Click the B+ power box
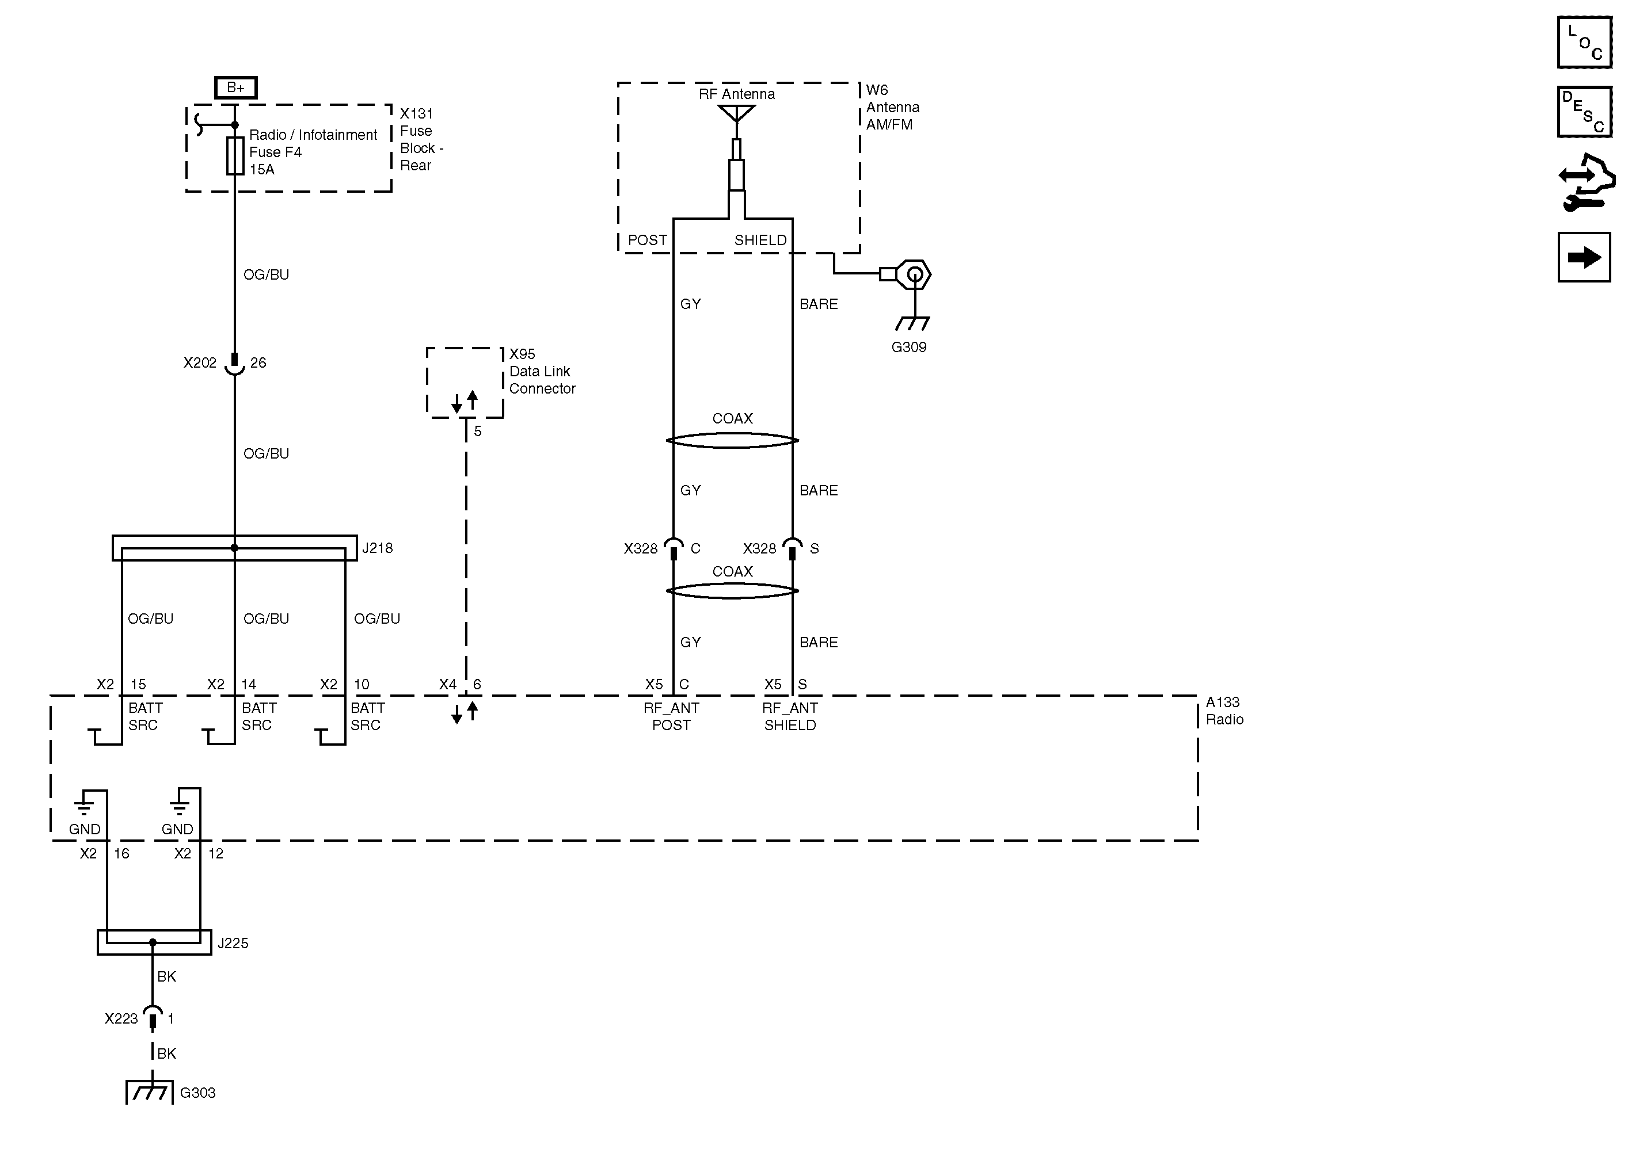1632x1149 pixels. click(235, 87)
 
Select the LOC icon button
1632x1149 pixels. click(1584, 43)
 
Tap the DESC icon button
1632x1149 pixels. click(1584, 112)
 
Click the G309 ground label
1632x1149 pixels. click(908, 348)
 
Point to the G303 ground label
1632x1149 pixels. click(197, 1093)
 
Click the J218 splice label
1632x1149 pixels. click(378, 548)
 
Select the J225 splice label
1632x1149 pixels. click(233, 943)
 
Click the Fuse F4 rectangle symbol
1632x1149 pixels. click(235, 155)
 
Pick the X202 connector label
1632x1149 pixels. click(200, 363)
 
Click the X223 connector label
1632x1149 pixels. click(121, 1019)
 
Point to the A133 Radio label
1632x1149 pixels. click(1224, 711)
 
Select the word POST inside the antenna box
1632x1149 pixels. click(647, 240)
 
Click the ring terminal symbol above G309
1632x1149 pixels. click(914, 274)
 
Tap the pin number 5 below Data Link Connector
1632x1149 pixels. click(478, 432)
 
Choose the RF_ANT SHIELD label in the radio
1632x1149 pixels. click(790, 716)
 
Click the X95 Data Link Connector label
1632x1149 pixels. click(542, 371)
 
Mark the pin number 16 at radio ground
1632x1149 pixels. click(121, 853)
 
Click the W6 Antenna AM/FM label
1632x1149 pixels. click(892, 107)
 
